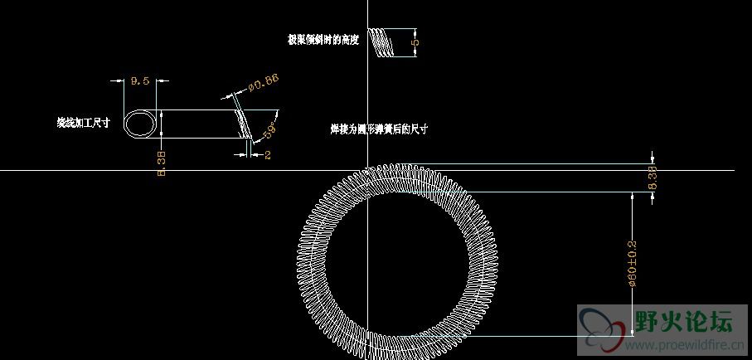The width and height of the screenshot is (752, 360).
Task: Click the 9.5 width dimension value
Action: click(x=140, y=80)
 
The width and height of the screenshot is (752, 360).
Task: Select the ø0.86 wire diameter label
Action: click(x=263, y=80)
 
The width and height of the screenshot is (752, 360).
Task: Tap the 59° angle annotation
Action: click(x=269, y=132)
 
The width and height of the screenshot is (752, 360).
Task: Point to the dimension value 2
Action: click(x=268, y=155)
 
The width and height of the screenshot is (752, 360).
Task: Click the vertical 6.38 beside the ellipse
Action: click(x=162, y=163)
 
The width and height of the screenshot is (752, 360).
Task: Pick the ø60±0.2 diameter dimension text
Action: click(x=633, y=264)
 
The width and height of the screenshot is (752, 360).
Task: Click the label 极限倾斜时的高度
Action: click(x=323, y=39)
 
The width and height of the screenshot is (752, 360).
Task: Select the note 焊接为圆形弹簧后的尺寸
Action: click(x=378, y=129)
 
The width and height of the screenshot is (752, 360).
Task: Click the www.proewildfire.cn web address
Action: click(x=682, y=344)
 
